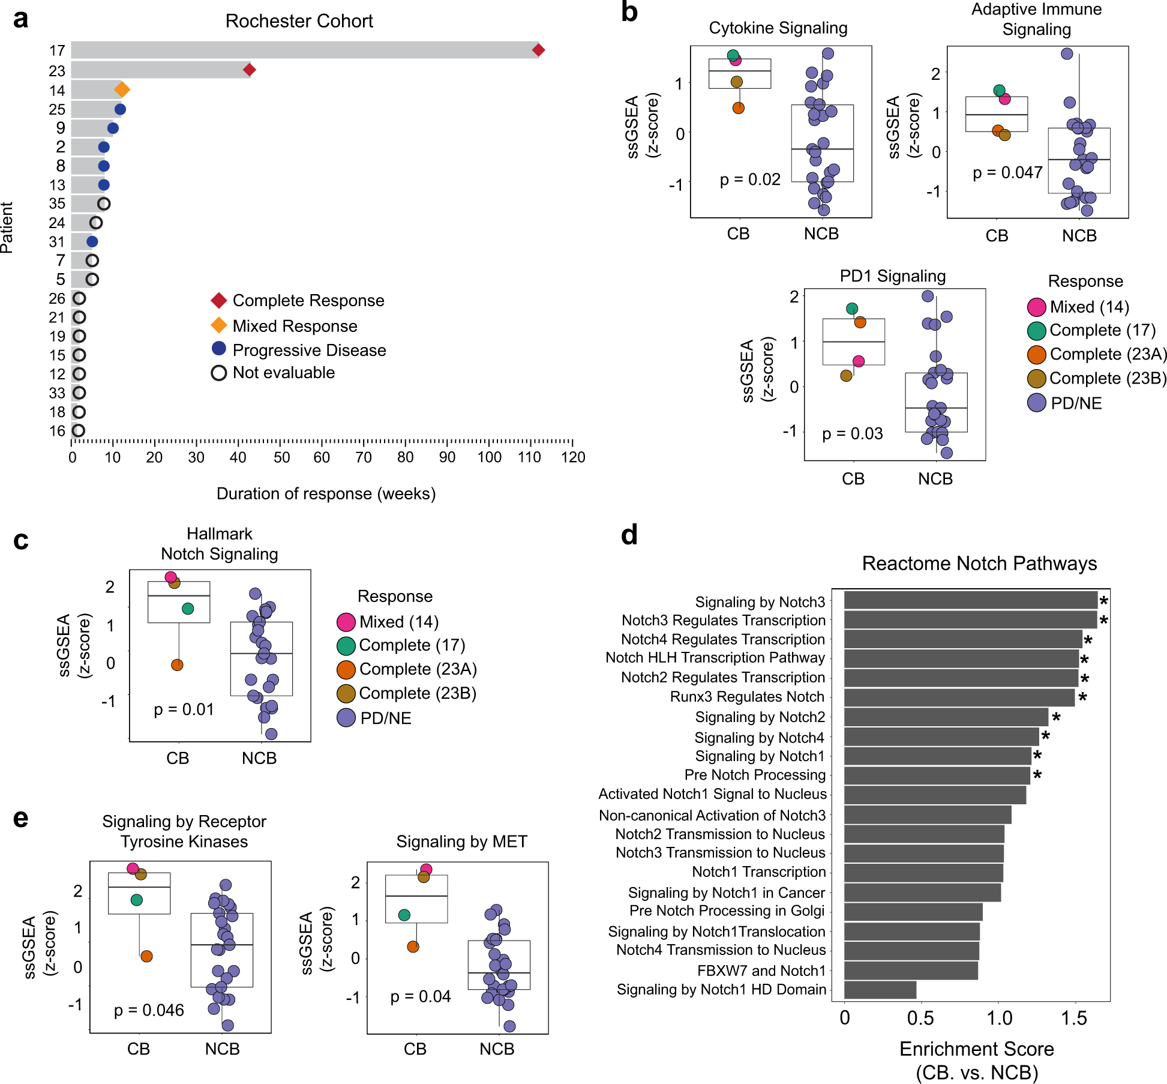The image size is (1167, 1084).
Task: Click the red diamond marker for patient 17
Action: point(538,50)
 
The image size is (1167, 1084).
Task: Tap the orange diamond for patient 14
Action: point(122,90)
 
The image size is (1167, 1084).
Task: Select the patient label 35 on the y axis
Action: point(57,204)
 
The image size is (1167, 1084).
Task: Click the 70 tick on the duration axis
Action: point(363,457)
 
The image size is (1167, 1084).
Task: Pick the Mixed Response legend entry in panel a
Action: point(295,326)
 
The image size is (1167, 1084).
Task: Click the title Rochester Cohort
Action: point(299,21)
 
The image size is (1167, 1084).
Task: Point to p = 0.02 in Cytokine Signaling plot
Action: point(750,179)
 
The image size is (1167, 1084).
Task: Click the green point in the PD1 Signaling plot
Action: point(852,309)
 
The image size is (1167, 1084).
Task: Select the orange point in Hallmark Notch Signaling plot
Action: point(177,665)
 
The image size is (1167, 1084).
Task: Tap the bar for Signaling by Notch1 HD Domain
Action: point(880,990)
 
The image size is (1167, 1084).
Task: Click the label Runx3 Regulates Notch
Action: point(747,697)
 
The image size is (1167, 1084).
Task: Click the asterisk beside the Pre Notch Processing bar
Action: point(1037,775)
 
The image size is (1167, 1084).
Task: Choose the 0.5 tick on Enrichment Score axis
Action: point(920,1019)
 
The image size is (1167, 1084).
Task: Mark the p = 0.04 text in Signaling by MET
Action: point(421,997)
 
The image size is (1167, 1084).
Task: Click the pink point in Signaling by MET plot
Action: point(426,869)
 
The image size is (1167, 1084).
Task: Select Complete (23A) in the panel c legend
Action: point(418,669)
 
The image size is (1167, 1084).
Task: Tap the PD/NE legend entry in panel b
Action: point(1076,403)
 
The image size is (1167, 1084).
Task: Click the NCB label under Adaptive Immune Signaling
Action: point(1079,236)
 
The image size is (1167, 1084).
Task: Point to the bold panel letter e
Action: point(20,819)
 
